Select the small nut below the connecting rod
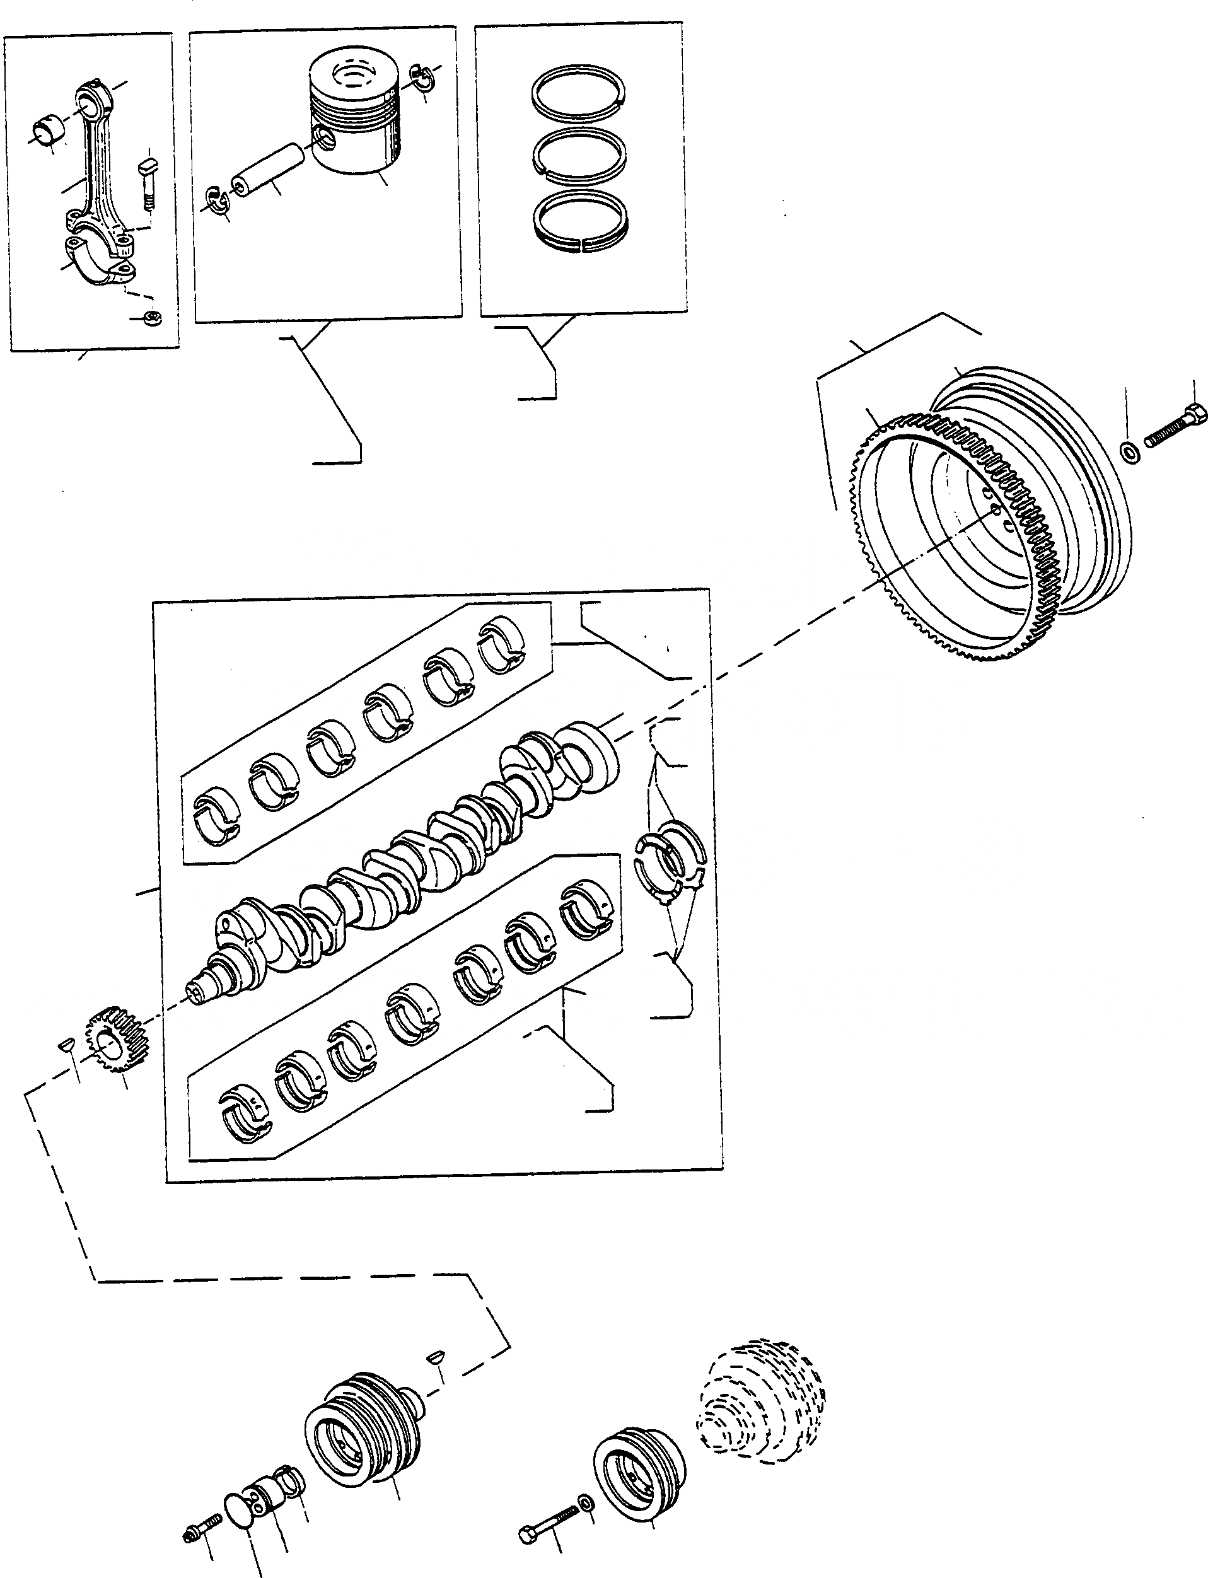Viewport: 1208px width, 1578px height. pyautogui.click(x=152, y=317)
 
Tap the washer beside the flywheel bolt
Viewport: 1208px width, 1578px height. pyautogui.click(x=1129, y=452)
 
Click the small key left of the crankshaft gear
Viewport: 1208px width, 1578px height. pyautogui.click(x=65, y=1044)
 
